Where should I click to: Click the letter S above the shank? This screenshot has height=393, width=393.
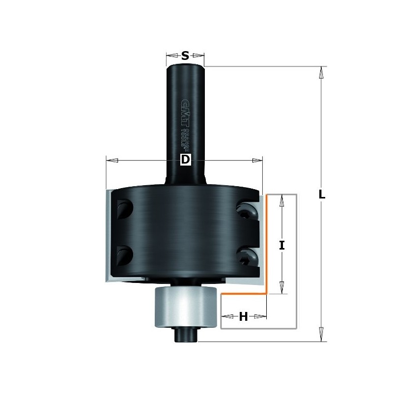pyautogui.click(x=185, y=56)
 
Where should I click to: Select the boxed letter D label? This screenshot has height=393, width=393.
pyautogui.click(x=185, y=160)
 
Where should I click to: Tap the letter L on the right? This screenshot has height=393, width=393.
pyautogui.click(x=322, y=195)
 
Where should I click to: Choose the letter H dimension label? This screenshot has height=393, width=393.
pyautogui.click(x=243, y=317)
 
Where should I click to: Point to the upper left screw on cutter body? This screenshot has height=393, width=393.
pyautogui.click(x=122, y=209)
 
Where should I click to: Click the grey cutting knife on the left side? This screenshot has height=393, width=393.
pyautogui.click(x=109, y=236)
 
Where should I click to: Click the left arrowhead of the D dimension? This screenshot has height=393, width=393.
pyautogui.click(x=112, y=160)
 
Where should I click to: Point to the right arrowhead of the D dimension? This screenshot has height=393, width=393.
pyautogui.click(x=257, y=160)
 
